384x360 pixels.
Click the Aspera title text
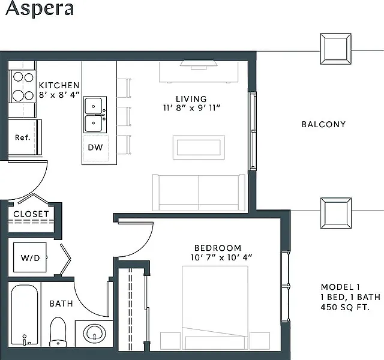(x=40, y=8)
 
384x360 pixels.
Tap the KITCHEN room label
(x=59, y=85)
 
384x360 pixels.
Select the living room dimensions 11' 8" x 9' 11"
(x=192, y=108)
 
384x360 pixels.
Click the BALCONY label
(x=323, y=124)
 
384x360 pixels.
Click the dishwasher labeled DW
(x=95, y=148)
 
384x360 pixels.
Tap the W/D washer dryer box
(x=30, y=257)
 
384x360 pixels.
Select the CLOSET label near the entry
(x=31, y=214)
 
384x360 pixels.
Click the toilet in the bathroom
(x=58, y=332)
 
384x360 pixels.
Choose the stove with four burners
(x=23, y=86)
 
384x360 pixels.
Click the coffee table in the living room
(x=199, y=147)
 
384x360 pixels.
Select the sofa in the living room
(x=199, y=193)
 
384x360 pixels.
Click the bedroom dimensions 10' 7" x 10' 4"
(x=221, y=257)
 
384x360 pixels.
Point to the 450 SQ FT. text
(x=345, y=307)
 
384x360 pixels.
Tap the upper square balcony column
(x=336, y=49)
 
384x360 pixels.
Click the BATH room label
(x=61, y=304)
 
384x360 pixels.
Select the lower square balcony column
(x=336, y=214)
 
